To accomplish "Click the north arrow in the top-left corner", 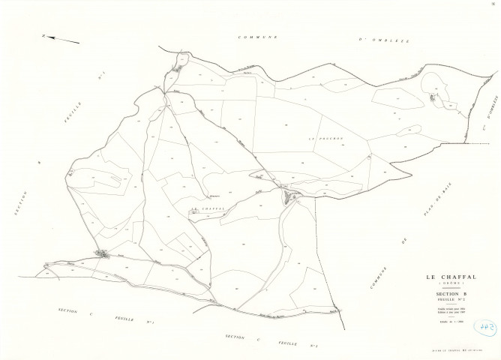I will pyautogui.click(x=61, y=39).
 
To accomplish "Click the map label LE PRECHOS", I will pyautogui.click(x=325, y=139).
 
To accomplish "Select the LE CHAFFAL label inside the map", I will pyautogui.click(x=207, y=208).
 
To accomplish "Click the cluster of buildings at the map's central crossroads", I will pyautogui.click(x=289, y=196).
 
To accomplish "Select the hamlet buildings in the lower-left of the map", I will pyautogui.click(x=103, y=255).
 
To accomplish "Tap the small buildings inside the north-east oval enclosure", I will pyautogui.click(x=432, y=97).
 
